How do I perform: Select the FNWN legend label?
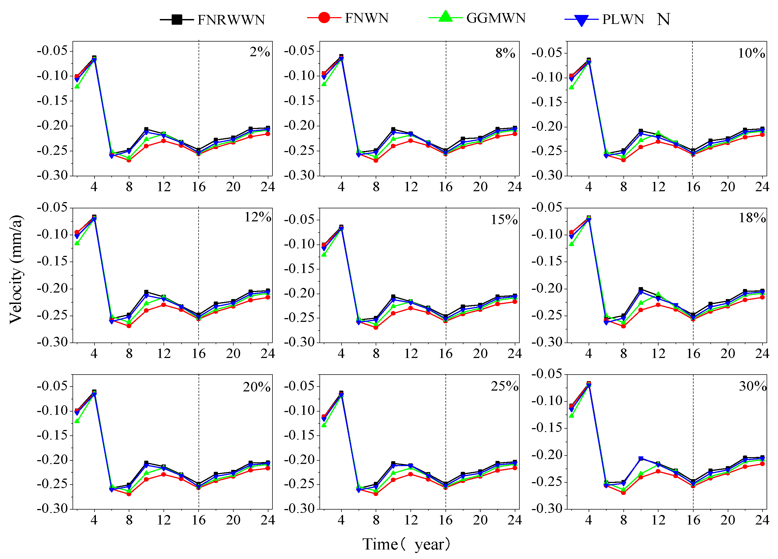tap(366, 18)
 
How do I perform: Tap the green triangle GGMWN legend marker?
tap(445, 17)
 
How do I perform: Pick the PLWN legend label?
tap(623, 20)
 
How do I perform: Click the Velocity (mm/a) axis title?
tap(16, 269)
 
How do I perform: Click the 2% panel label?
tap(259, 52)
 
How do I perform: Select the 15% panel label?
tap(504, 220)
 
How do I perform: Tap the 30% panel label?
tap(752, 387)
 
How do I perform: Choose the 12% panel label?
tap(257, 217)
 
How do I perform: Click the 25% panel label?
tap(504, 387)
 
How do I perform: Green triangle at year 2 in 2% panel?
tap(77, 86)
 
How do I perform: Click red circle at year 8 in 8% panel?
tap(376, 160)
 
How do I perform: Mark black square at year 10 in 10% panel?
tap(641, 131)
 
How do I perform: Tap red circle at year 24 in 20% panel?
tap(268, 468)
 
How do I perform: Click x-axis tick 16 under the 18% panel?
tap(693, 354)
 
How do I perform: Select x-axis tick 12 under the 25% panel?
tap(411, 520)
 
